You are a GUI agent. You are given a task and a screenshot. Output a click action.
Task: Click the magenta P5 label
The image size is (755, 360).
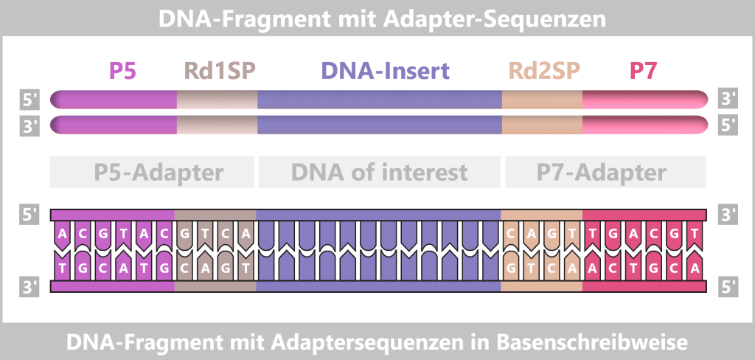click(123, 72)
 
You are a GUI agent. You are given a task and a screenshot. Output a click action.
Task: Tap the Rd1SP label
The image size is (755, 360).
click(219, 72)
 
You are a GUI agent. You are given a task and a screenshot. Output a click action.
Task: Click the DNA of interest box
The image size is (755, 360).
click(380, 173)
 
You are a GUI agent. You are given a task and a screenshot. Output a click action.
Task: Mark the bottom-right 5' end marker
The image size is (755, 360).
click(728, 287)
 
